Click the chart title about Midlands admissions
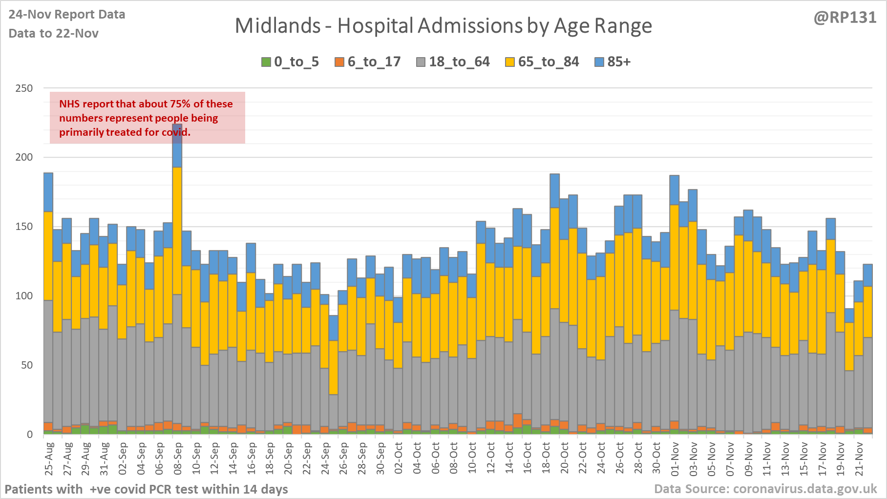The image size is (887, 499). [x=443, y=26]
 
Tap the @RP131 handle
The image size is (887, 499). [x=845, y=18]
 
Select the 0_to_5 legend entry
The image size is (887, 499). [x=290, y=62]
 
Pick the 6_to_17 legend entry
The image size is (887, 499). [x=368, y=62]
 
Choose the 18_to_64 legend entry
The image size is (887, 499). [x=453, y=62]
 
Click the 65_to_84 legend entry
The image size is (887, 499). [x=542, y=62]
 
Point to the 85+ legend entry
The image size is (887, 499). [x=613, y=62]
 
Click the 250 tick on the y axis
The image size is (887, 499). [x=24, y=88]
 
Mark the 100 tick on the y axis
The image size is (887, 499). [x=24, y=296]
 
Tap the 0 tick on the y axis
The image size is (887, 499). [x=30, y=435]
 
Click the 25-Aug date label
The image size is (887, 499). [x=49, y=459]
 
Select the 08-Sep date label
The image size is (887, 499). [x=178, y=459]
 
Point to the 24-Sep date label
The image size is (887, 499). [x=325, y=459]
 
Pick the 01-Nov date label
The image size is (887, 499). [x=675, y=459]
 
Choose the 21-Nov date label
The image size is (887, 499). [x=859, y=459]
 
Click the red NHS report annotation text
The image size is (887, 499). [x=146, y=118]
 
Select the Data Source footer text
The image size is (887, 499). [x=765, y=489]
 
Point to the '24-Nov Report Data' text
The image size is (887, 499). [x=67, y=15]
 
